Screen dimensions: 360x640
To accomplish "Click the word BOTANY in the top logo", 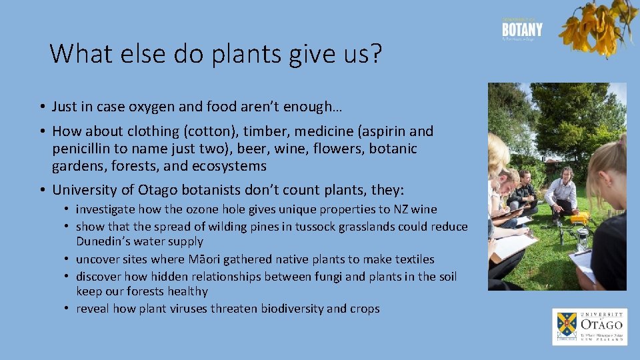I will [522, 30].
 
